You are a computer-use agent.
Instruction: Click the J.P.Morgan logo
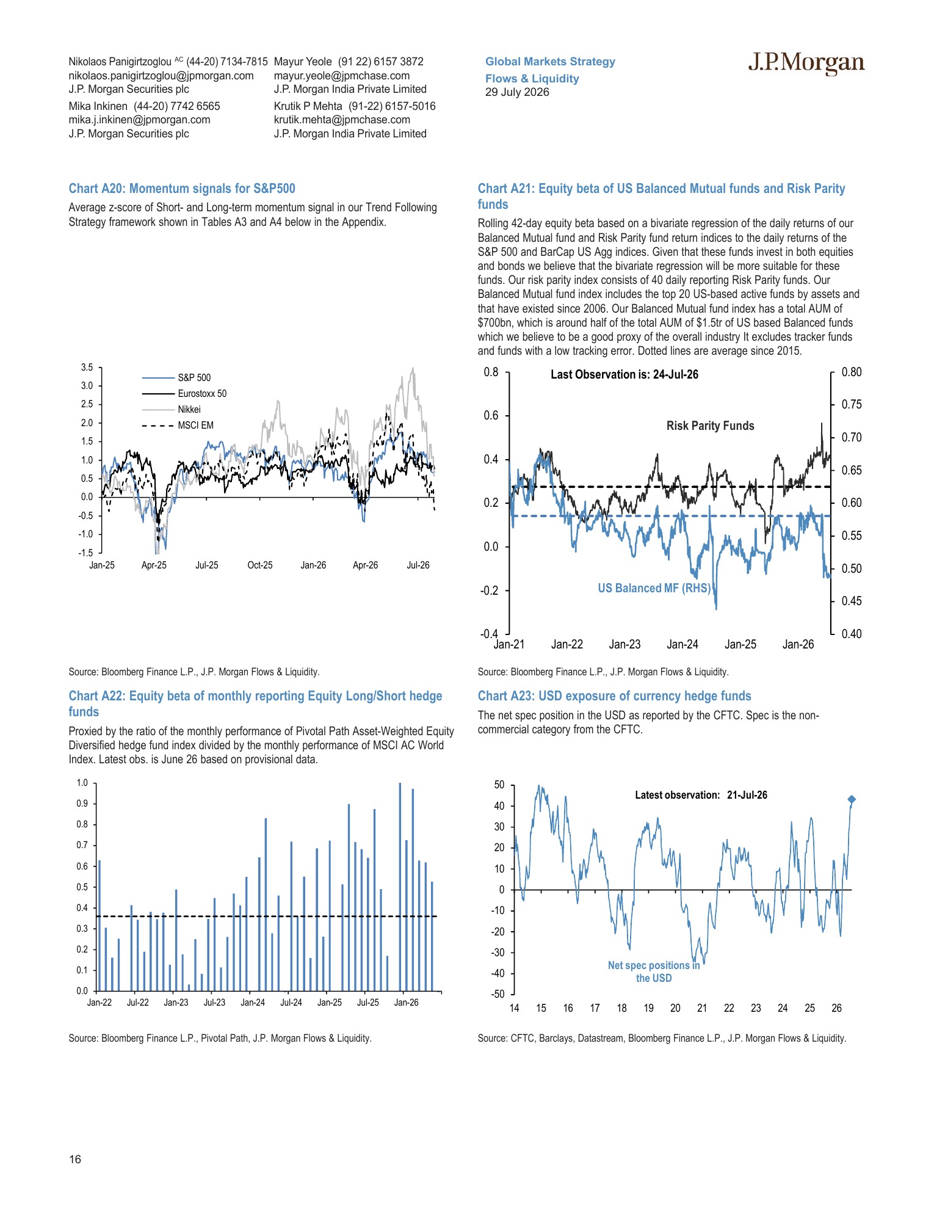(x=806, y=63)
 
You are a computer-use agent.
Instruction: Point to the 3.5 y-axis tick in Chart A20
(x=87, y=367)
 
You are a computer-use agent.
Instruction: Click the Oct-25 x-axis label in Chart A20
(x=260, y=565)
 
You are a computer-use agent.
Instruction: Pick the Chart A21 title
(x=661, y=196)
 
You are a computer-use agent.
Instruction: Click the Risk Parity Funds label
(x=710, y=426)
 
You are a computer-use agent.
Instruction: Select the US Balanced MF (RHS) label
(x=654, y=588)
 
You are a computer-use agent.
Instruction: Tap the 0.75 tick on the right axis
(x=852, y=404)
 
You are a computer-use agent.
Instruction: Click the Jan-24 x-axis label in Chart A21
(x=682, y=644)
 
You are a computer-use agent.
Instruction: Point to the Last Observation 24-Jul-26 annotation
(x=624, y=374)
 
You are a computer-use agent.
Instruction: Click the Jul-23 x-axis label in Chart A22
(x=214, y=1003)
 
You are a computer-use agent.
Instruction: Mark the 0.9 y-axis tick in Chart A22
(x=82, y=804)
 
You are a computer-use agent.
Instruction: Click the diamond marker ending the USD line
(x=852, y=799)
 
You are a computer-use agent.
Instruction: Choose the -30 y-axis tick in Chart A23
(x=498, y=953)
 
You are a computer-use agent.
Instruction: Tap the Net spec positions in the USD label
(x=654, y=971)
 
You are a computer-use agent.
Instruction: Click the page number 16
(x=75, y=1160)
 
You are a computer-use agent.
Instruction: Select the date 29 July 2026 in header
(x=517, y=92)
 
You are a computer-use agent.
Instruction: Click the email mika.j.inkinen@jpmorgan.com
(x=140, y=120)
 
